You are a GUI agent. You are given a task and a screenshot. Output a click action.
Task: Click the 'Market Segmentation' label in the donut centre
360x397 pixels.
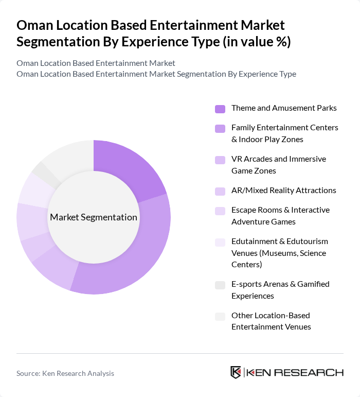pyautogui.click(x=94, y=217)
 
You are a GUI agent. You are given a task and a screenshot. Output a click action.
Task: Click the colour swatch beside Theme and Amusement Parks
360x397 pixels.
pyautogui.click(x=220, y=109)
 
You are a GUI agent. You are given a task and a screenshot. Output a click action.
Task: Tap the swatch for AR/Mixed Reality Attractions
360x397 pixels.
pyautogui.click(x=220, y=191)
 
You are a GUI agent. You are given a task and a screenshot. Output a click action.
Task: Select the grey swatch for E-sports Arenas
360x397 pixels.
pyautogui.click(x=220, y=285)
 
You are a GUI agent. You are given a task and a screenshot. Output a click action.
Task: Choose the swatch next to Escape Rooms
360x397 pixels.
pyautogui.click(x=220, y=211)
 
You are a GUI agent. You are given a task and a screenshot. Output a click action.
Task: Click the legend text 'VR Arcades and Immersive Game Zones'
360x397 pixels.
pyautogui.click(x=278, y=165)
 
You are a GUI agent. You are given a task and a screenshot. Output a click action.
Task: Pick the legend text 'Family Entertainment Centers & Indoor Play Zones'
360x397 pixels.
pyautogui.click(x=284, y=133)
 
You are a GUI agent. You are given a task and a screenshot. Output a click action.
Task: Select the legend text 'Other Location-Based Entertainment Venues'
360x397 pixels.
pyautogui.click(x=271, y=321)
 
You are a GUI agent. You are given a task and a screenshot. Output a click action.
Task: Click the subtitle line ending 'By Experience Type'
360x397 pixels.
pyautogui.click(x=156, y=74)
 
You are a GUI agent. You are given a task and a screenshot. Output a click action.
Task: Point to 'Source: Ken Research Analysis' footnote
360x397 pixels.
pyautogui.click(x=65, y=373)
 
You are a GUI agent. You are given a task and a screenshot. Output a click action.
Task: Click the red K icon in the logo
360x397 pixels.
pyautogui.click(x=236, y=372)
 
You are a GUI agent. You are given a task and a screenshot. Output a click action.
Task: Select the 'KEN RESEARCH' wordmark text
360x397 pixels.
pyautogui.click(x=296, y=372)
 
